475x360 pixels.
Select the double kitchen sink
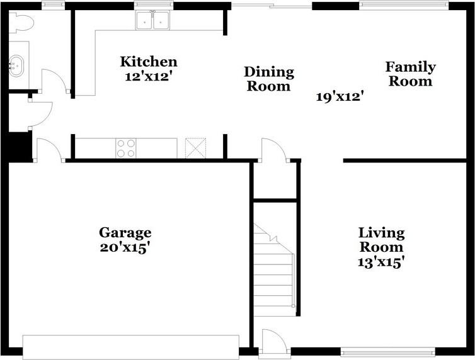click(x=153, y=20)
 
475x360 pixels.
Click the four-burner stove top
click(x=126, y=149)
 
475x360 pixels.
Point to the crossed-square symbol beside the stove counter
click(x=195, y=148)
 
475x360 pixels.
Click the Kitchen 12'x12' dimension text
click(x=149, y=77)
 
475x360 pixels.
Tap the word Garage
click(x=125, y=233)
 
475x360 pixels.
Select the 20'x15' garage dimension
click(x=125, y=248)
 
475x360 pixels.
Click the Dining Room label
click(x=269, y=79)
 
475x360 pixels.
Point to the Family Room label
click(x=411, y=74)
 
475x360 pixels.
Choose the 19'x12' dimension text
click(x=340, y=97)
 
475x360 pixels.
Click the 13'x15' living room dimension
click(x=381, y=262)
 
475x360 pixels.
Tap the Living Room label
click(x=381, y=240)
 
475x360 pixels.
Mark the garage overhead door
click(x=131, y=347)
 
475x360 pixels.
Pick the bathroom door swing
click(x=55, y=81)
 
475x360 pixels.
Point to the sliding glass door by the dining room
click(x=272, y=6)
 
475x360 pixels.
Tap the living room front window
click(x=388, y=352)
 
